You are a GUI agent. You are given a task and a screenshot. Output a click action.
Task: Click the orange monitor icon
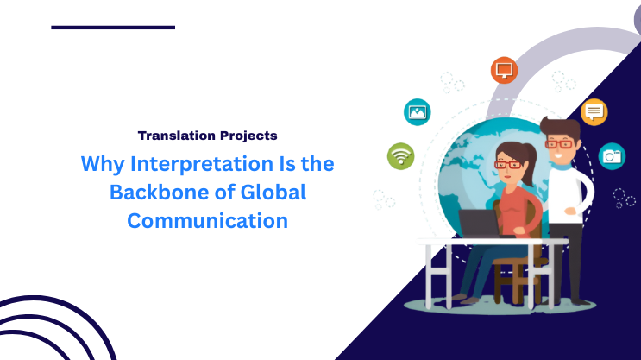[x=504, y=70]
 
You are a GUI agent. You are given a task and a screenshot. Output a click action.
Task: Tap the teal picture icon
[x=418, y=111]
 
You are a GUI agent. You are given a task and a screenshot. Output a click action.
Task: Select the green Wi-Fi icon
[x=400, y=155]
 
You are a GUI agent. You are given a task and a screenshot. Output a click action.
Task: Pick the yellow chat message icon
[x=594, y=111]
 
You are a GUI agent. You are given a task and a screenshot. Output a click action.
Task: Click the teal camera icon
[x=612, y=155]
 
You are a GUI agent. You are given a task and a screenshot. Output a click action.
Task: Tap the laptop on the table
[x=480, y=224]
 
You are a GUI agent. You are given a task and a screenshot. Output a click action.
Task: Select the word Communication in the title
[x=207, y=220]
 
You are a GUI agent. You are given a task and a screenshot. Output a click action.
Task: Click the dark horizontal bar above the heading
[x=113, y=28]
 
